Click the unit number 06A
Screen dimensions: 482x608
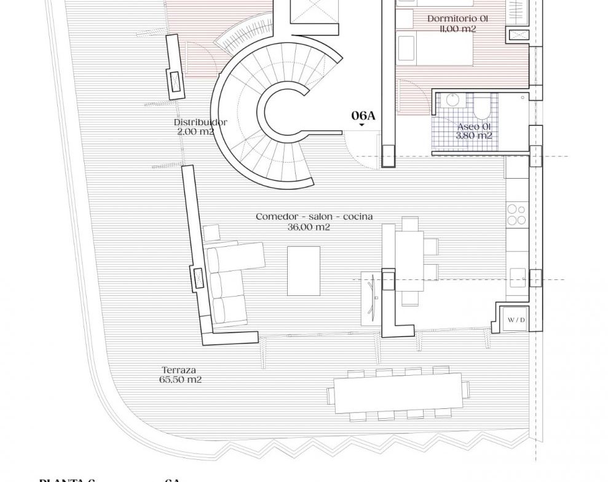click(x=363, y=115)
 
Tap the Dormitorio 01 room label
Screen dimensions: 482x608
click(x=452, y=19)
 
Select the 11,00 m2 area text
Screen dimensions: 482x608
click(x=457, y=29)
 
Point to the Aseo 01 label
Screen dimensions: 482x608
click(x=473, y=126)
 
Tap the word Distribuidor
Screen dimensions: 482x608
click(x=200, y=122)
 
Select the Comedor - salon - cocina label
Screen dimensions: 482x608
click(x=314, y=217)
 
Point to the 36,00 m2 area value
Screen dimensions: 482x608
click(x=309, y=227)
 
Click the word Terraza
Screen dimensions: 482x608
click(x=179, y=370)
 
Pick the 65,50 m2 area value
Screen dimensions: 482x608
click(x=180, y=379)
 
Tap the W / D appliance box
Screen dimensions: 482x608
click(x=516, y=320)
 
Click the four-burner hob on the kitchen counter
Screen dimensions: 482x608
click(x=516, y=215)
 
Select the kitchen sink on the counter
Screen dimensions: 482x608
click(x=517, y=277)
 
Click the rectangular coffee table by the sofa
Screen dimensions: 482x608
click(x=304, y=271)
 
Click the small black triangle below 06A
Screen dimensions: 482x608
click(x=361, y=125)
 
